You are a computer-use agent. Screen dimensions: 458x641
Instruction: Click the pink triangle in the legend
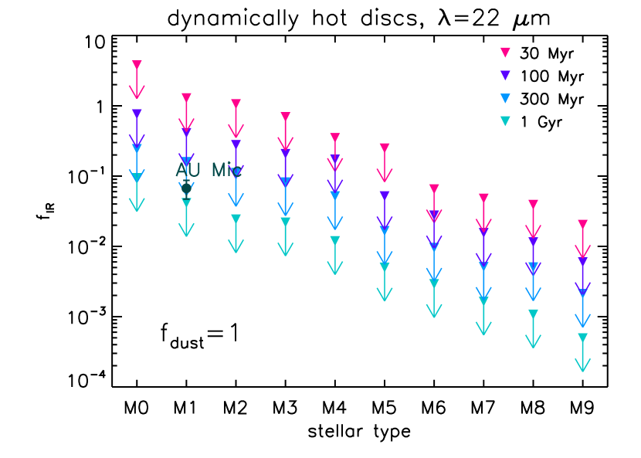pos(505,53)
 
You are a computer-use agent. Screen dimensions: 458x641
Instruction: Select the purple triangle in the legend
pos(505,76)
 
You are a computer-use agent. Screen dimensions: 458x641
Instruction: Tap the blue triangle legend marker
pos(505,98)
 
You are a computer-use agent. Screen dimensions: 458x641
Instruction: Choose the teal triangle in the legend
pos(505,120)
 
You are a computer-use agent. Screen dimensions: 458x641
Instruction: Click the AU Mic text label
pos(209,171)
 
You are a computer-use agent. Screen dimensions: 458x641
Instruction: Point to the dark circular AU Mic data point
pos(186,187)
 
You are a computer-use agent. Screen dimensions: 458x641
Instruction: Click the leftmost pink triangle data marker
pos(137,65)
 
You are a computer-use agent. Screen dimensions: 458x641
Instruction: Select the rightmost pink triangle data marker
pos(583,224)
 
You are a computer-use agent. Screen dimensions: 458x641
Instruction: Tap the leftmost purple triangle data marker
pos(137,114)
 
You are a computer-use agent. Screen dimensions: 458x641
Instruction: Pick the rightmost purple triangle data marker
pos(583,262)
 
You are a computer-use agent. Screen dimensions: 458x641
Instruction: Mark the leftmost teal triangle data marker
pos(137,178)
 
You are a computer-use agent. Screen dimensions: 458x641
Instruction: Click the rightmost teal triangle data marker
pos(583,338)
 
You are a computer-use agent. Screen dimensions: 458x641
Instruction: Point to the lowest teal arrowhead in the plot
pos(583,366)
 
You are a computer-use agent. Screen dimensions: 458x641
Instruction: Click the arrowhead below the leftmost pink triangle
pos(137,93)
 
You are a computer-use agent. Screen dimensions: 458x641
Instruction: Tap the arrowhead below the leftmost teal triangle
pos(137,206)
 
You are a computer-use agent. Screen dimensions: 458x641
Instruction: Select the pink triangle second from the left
pos(186,97)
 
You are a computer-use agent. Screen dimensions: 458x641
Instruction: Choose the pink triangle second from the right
pos(533,204)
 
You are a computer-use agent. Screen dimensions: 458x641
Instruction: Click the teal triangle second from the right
pos(533,314)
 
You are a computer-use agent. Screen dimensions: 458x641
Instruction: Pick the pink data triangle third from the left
pos(236,103)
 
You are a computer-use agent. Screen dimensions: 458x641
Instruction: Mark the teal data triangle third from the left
pos(236,219)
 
